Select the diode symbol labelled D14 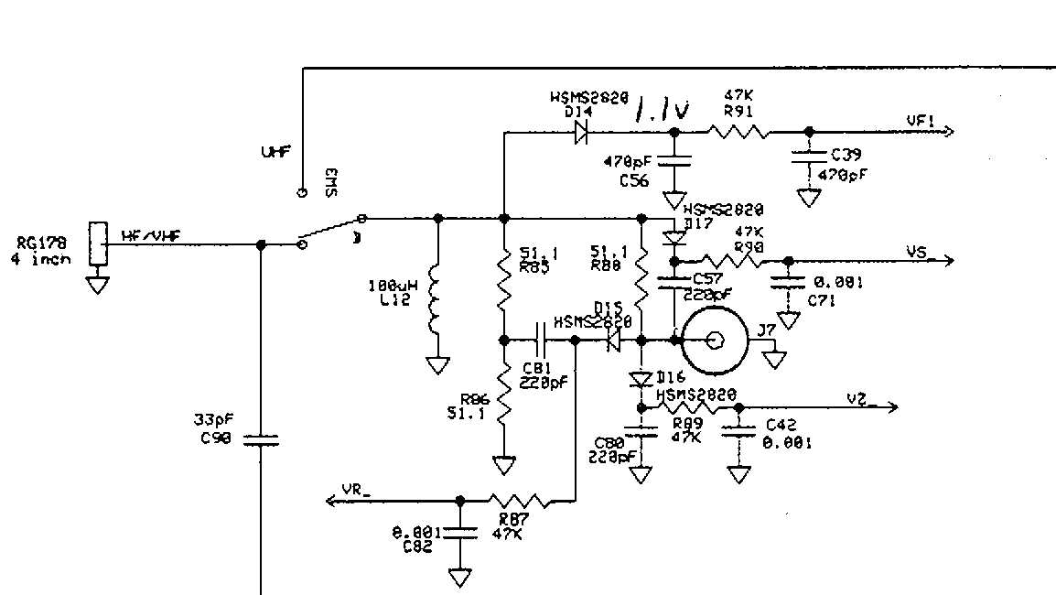click(x=581, y=133)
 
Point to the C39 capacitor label click(x=846, y=155)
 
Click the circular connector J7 click(x=715, y=341)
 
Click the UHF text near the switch click(x=274, y=153)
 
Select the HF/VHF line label click(x=151, y=236)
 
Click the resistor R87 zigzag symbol click(x=518, y=501)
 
